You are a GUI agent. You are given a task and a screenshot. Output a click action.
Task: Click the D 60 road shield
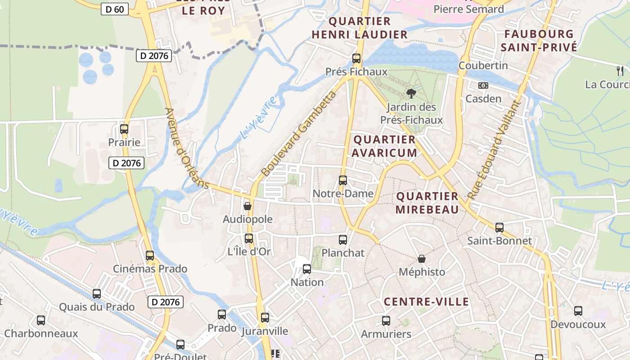(x=115, y=9)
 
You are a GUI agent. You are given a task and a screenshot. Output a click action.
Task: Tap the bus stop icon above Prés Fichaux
(x=356, y=58)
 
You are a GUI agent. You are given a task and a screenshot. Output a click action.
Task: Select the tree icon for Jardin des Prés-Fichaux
(x=410, y=94)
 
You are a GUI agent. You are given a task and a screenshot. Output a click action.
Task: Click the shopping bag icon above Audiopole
(x=247, y=206)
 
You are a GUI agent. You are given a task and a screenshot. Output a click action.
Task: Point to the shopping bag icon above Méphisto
(x=422, y=259)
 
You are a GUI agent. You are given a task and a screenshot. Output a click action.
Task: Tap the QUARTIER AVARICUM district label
(x=384, y=146)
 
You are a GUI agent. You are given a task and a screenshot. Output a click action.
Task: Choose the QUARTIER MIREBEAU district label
(x=427, y=203)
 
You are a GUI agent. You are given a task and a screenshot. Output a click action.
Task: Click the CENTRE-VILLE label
(x=426, y=301)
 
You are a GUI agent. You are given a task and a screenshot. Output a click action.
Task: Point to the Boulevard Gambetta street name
(x=298, y=134)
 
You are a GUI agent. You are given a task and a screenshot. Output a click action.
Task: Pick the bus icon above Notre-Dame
(x=343, y=180)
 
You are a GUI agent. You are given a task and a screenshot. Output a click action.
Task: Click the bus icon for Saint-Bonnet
(x=499, y=228)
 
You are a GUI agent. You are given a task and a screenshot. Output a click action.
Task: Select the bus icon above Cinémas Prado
(x=150, y=256)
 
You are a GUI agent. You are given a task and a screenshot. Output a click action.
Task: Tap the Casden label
(x=483, y=99)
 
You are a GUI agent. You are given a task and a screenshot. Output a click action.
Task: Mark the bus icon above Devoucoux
(x=578, y=311)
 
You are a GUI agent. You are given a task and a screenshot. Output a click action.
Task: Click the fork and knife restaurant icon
(x=620, y=71)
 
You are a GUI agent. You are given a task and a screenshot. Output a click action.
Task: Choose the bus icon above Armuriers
(x=386, y=321)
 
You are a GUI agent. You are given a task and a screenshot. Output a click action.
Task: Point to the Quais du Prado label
(x=97, y=307)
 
